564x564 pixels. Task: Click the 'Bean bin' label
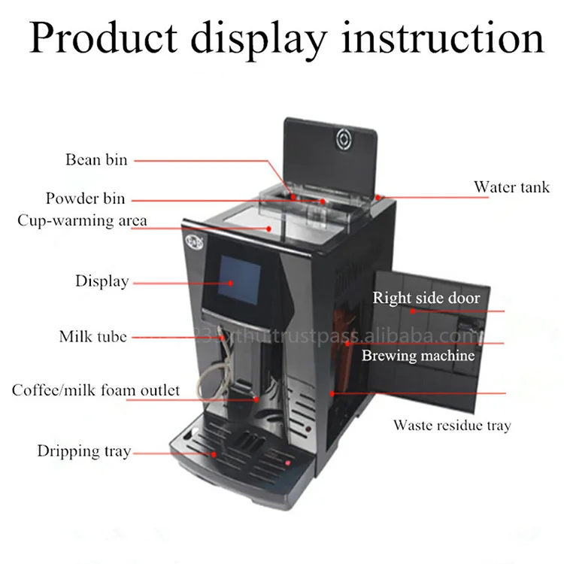click(x=96, y=159)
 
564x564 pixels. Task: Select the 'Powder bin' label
click(x=85, y=199)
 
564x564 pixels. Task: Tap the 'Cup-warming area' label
click(x=82, y=221)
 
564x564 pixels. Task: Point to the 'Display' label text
click(x=102, y=281)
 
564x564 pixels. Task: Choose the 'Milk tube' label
click(x=92, y=336)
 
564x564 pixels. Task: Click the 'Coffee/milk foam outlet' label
click(x=96, y=390)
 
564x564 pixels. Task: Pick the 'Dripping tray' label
click(x=84, y=451)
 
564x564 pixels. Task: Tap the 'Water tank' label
click(x=511, y=187)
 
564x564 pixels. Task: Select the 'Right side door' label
click(x=426, y=299)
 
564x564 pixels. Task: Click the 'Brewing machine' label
click(x=418, y=355)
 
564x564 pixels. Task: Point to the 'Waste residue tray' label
click(x=452, y=426)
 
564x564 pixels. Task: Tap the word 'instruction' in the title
click(x=442, y=38)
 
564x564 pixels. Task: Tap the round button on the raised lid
click(x=344, y=138)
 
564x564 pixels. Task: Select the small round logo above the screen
click(x=193, y=242)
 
